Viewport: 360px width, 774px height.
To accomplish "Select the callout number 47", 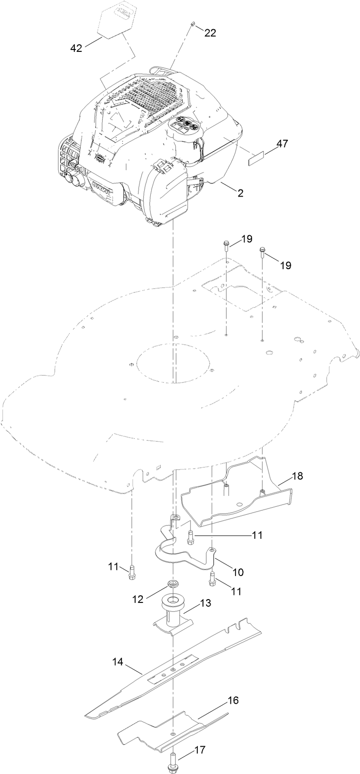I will (282, 144).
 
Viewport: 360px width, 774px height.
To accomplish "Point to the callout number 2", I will (240, 193).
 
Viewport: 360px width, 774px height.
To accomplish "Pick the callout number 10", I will (238, 572).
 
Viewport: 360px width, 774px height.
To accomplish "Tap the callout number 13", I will (205, 602).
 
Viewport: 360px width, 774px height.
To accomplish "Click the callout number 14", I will (117, 662).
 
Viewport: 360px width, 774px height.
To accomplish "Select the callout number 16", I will (233, 700).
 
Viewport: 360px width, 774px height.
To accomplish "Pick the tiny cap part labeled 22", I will (193, 23).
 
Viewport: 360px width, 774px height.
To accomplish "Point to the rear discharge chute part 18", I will (236, 500).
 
